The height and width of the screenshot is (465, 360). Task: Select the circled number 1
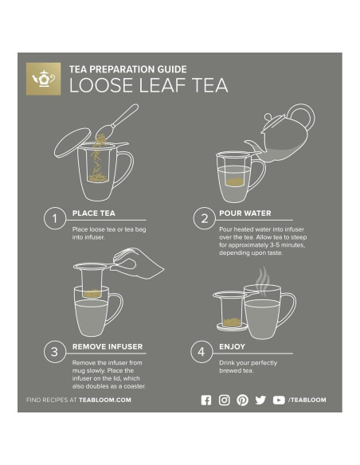point(54,218)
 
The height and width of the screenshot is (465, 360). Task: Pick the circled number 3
point(54,351)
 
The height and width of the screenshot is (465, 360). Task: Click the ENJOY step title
point(233,347)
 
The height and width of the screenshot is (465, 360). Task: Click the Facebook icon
point(206,400)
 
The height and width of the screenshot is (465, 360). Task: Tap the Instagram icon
point(225,400)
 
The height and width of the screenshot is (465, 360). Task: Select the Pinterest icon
point(242,400)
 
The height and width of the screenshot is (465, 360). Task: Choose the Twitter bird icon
point(260,400)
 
